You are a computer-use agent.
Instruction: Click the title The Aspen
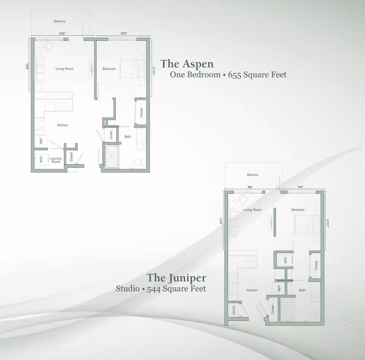tap(187, 63)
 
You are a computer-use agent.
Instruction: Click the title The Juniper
tap(176, 278)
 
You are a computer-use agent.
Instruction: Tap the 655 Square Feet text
tap(257, 74)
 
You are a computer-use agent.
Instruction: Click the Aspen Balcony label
tap(59, 21)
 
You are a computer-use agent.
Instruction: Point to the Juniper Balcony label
tap(252, 175)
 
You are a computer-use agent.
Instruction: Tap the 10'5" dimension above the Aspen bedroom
tap(124, 34)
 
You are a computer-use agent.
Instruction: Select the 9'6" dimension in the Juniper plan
tap(250, 187)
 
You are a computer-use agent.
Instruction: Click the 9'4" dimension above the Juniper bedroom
tap(300, 187)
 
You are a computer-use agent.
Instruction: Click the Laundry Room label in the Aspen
tap(56, 160)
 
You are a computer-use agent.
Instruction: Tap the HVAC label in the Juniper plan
tap(233, 310)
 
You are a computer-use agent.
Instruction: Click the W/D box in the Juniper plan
tap(285, 261)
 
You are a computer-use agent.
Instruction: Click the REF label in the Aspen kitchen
tap(41, 141)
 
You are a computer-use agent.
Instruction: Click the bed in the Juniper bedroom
tap(306, 224)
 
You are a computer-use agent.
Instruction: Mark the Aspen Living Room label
tap(64, 69)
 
